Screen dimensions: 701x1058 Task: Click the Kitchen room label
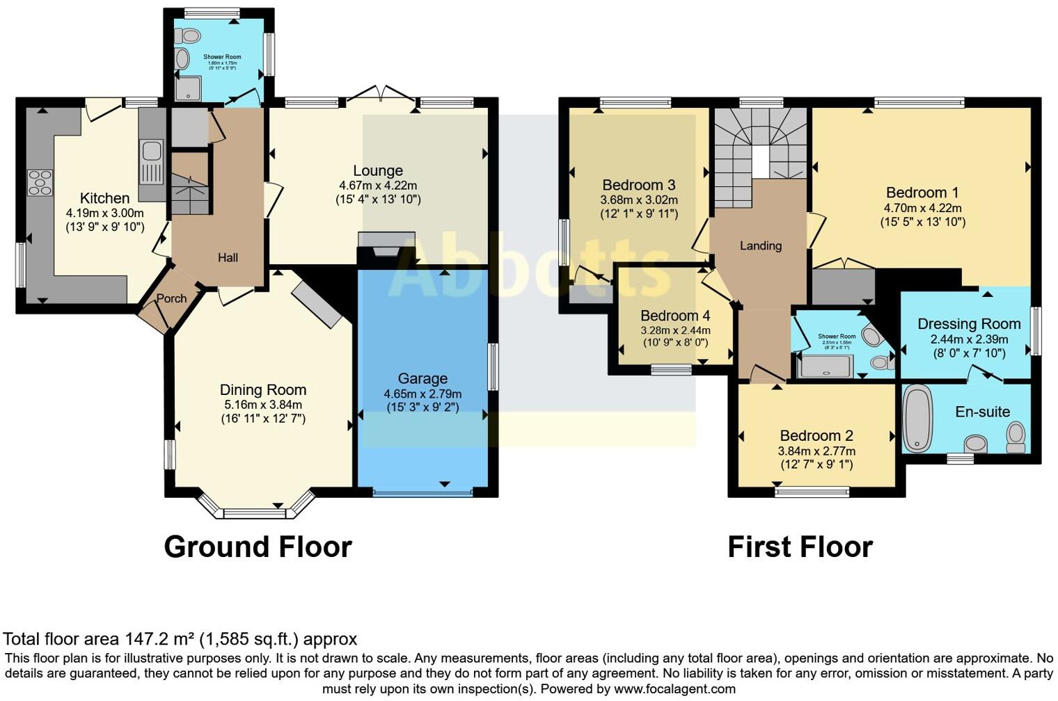pyautogui.click(x=104, y=198)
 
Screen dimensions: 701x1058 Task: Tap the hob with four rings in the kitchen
pyautogui.click(x=40, y=182)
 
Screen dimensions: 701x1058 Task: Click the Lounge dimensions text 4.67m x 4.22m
pyautogui.click(x=378, y=186)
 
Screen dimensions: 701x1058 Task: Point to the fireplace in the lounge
pyautogui.click(x=386, y=248)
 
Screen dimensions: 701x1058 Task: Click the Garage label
pyautogui.click(x=423, y=378)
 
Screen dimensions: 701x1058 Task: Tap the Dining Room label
pyautogui.click(x=263, y=390)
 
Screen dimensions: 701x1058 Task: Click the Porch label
pyautogui.click(x=171, y=298)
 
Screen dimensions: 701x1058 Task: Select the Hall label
pyautogui.click(x=228, y=257)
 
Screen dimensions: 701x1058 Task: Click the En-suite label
pyautogui.click(x=982, y=412)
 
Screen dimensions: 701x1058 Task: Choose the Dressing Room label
pyautogui.click(x=969, y=323)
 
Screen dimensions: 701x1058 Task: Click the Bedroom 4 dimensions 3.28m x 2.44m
pyautogui.click(x=675, y=330)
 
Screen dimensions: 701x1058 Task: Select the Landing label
pyautogui.click(x=760, y=245)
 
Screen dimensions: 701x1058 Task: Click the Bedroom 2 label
pyautogui.click(x=816, y=435)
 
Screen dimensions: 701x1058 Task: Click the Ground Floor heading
pyautogui.click(x=258, y=547)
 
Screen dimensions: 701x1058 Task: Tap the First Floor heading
pyautogui.click(x=800, y=547)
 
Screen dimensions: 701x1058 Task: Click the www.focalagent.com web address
pyautogui.click(x=674, y=689)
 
